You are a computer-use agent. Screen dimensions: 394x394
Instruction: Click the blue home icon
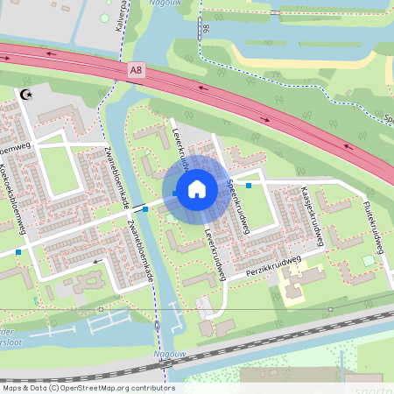pyautogui.click(x=197, y=189)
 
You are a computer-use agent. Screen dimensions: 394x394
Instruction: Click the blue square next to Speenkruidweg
pyautogui.click(x=250, y=185)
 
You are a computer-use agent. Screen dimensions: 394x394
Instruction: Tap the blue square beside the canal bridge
pyautogui.click(x=144, y=209)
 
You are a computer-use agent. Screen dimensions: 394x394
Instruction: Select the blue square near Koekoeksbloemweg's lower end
pyautogui.click(x=18, y=252)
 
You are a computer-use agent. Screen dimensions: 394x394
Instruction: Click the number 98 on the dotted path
pyautogui.click(x=206, y=31)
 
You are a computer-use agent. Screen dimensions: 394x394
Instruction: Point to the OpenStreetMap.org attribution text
pyautogui.click(x=88, y=388)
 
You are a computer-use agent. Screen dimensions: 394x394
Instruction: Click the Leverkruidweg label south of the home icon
pyautogui.click(x=215, y=255)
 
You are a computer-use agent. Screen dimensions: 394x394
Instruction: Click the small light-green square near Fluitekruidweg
pyautogui.click(x=369, y=261)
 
